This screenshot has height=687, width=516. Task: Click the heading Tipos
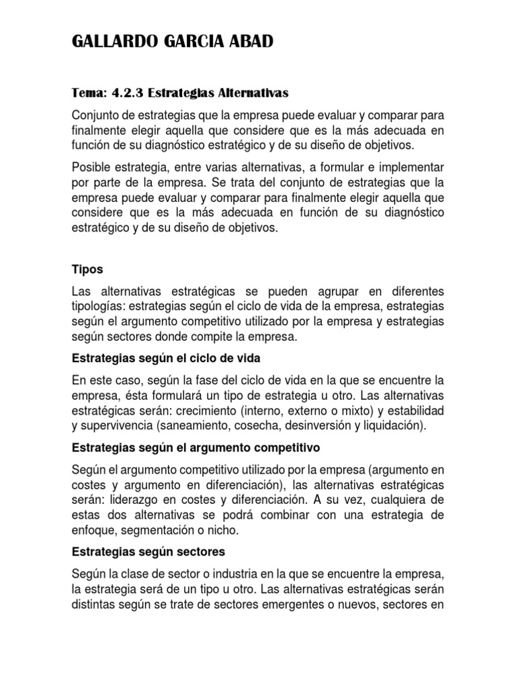87,269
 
